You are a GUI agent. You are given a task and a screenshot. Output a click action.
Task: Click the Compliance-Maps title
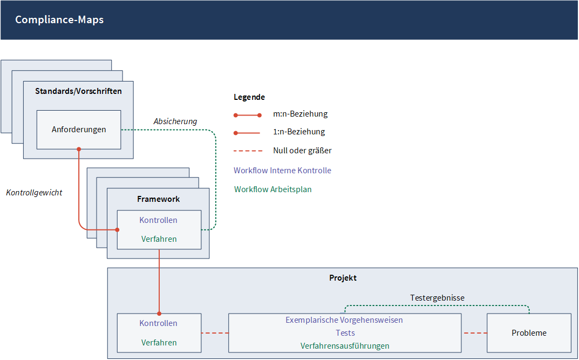(59, 19)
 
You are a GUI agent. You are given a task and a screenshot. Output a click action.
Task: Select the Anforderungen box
(79, 130)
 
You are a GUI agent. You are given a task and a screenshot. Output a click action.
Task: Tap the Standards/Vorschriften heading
(78, 91)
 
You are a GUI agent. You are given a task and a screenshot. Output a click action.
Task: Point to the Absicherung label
(175, 121)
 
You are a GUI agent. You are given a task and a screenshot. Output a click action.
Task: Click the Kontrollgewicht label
(35, 193)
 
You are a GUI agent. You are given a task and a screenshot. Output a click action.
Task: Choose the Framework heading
(159, 199)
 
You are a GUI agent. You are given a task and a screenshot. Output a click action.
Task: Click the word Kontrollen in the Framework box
(159, 220)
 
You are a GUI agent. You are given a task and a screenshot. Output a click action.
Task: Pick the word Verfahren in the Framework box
(159, 239)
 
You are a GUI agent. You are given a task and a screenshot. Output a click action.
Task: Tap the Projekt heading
(343, 278)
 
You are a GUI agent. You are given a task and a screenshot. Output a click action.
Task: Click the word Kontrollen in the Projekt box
(159, 323)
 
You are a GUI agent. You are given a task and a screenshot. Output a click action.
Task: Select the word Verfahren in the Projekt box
(159, 343)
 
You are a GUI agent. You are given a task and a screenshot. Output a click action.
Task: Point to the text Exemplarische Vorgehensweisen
(344, 320)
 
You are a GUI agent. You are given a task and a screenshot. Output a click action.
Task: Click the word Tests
(345, 333)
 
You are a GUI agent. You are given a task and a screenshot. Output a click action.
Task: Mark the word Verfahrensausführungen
(345, 346)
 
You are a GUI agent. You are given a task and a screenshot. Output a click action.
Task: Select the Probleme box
(529, 333)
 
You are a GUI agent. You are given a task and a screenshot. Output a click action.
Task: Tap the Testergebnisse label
(437, 298)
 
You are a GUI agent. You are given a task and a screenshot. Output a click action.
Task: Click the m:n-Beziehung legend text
(300, 114)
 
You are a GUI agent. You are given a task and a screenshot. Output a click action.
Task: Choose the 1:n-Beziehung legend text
(299, 132)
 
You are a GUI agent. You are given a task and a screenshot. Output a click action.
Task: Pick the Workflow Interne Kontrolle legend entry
(282, 171)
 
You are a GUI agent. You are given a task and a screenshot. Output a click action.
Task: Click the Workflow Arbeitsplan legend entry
(273, 189)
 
